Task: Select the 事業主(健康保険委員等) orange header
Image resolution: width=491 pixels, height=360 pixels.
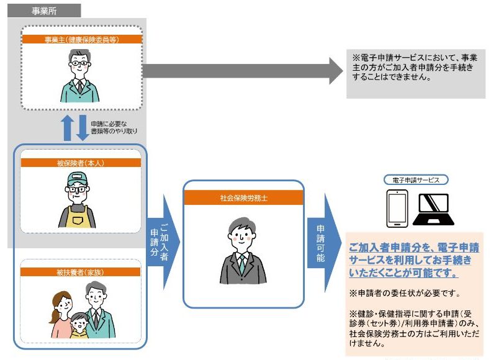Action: click(x=81, y=39)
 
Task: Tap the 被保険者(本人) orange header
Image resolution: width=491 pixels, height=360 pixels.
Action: click(x=81, y=163)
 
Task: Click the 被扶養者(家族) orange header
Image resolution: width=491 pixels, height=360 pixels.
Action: click(x=81, y=271)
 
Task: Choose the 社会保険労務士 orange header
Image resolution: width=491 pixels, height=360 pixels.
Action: click(x=243, y=199)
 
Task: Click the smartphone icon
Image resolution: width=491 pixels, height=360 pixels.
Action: click(x=397, y=208)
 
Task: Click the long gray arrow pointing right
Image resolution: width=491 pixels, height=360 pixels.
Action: click(x=242, y=70)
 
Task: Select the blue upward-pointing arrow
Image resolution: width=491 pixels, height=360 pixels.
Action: click(x=68, y=128)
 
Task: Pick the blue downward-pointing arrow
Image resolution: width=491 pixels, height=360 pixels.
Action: click(x=83, y=128)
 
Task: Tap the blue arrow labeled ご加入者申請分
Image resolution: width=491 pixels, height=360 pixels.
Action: click(x=163, y=242)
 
